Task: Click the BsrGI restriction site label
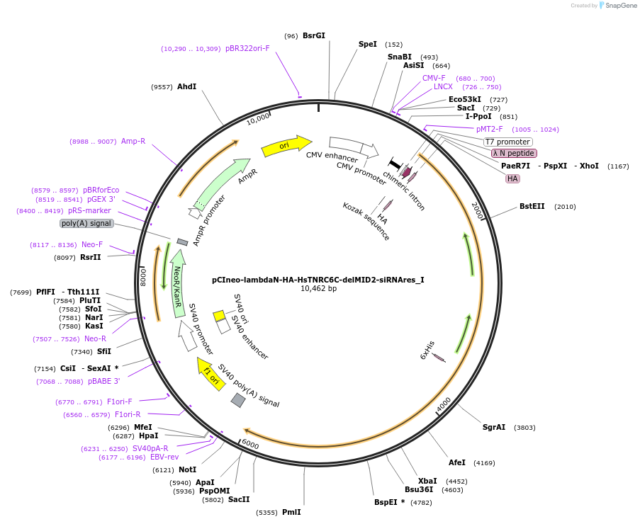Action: [313, 35]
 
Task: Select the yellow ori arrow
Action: [286, 145]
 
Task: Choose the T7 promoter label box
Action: [507, 142]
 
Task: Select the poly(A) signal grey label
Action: [86, 223]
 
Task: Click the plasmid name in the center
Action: [318, 280]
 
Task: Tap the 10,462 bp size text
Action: [318, 289]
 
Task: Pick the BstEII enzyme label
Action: [532, 207]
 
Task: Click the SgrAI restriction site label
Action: [494, 427]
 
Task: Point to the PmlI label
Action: [291, 512]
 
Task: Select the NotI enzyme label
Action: [187, 469]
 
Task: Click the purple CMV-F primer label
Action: [434, 78]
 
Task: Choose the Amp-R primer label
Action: [133, 142]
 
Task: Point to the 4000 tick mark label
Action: [444, 405]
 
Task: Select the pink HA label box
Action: [512, 178]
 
